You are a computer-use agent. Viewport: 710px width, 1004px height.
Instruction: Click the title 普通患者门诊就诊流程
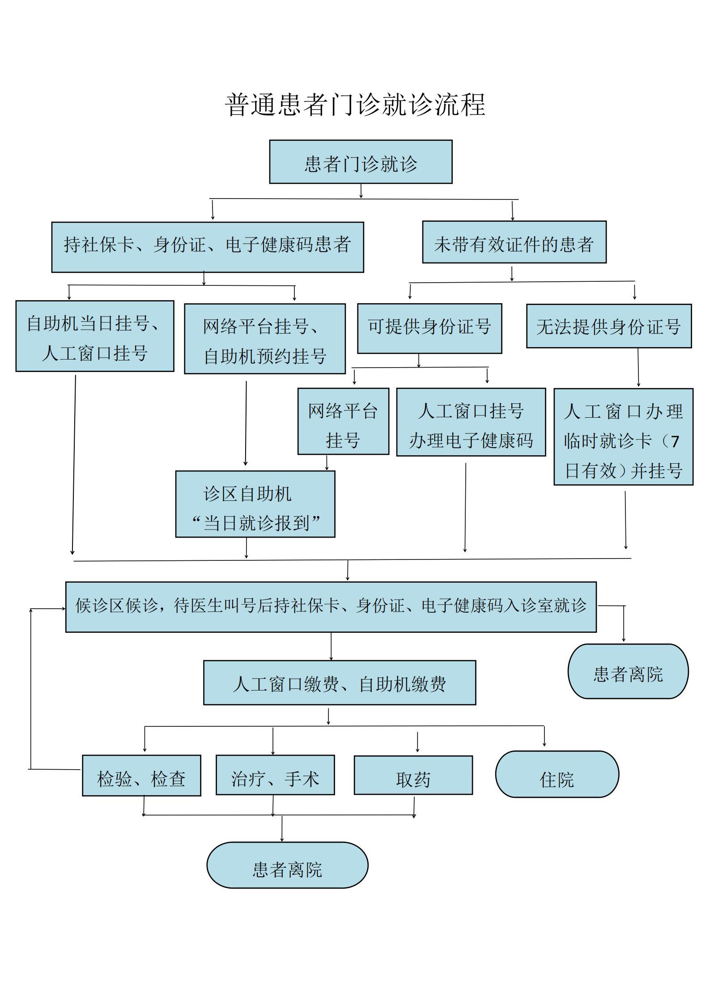point(355,105)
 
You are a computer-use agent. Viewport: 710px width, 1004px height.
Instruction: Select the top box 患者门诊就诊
point(361,162)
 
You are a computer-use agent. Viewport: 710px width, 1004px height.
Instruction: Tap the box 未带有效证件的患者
point(514,242)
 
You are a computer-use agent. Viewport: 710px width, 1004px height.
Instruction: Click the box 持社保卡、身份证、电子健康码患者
point(208,247)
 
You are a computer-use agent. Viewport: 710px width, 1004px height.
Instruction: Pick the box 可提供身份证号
point(429,329)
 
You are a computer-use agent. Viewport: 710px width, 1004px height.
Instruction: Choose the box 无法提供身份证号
point(609,326)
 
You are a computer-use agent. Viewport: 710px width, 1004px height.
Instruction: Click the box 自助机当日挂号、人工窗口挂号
point(95,336)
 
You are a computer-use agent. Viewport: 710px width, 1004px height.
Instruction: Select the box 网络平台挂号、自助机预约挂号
point(265,339)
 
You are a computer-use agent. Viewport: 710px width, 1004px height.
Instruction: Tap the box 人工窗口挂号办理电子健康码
point(471,422)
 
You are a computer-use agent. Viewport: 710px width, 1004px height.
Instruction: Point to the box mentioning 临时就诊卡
point(624,436)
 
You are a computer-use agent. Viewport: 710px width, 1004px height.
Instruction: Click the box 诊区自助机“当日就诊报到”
point(255,504)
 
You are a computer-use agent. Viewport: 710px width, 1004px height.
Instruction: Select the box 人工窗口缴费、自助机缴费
point(340,683)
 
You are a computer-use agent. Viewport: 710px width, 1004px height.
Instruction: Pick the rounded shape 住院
point(557,774)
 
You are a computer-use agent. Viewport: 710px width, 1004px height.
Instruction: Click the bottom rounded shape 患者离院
point(287,865)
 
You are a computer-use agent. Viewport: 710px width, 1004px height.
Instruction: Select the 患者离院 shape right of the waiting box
point(628,671)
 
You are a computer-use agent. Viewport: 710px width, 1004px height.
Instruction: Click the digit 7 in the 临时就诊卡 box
point(675,441)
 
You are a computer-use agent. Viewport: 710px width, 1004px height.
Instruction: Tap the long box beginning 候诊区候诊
point(331,607)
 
